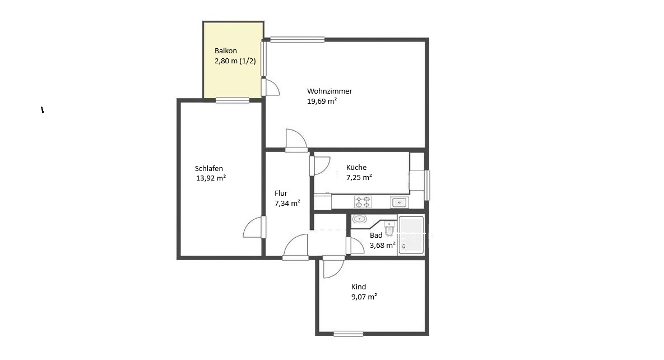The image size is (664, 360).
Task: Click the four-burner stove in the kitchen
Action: pyautogui.click(x=363, y=202)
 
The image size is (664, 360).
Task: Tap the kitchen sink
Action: pyautogui.click(x=399, y=202)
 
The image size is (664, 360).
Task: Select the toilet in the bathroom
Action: pyautogui.click(x=389, y=228)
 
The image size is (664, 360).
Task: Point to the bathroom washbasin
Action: pyautogui.click(x=360, y=219)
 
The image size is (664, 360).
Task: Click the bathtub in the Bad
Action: pyautogui.click(x=411, y=235)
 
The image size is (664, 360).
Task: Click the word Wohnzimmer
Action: pyautogui.click(x=329, y=91)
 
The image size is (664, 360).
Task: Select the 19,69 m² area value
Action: pyautogui.click(x=322, y=101)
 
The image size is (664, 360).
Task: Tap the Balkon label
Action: pyautogui.click(x=226, y=51)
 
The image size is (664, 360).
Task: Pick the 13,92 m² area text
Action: pyautogui.click(x=211, y=178)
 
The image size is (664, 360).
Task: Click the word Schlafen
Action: pyautogui.click(x=209, y=168)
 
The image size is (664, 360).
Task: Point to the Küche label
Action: pyautogui.click(x=356, y=168)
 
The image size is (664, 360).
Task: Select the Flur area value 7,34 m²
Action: pyautogui.click(x=287, y=203)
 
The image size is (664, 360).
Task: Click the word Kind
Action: pyautogui.click(x=359, y=287)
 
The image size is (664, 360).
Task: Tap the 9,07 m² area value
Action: pyautogui.click(x=364, y=297)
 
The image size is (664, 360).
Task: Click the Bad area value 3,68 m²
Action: pyautogui.click(x=383, y=245)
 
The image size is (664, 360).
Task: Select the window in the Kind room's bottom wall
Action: pyautogui.click(x=348, y=334)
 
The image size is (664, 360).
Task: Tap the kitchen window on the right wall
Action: pyautogui.click(x=428, y=185)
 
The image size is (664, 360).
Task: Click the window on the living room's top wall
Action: pyautogui.click(x=298, y=40)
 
